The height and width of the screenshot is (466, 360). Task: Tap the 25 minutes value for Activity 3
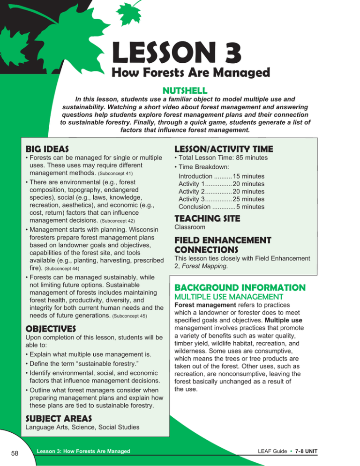248,199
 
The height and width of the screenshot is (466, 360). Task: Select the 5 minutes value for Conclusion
250,207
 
